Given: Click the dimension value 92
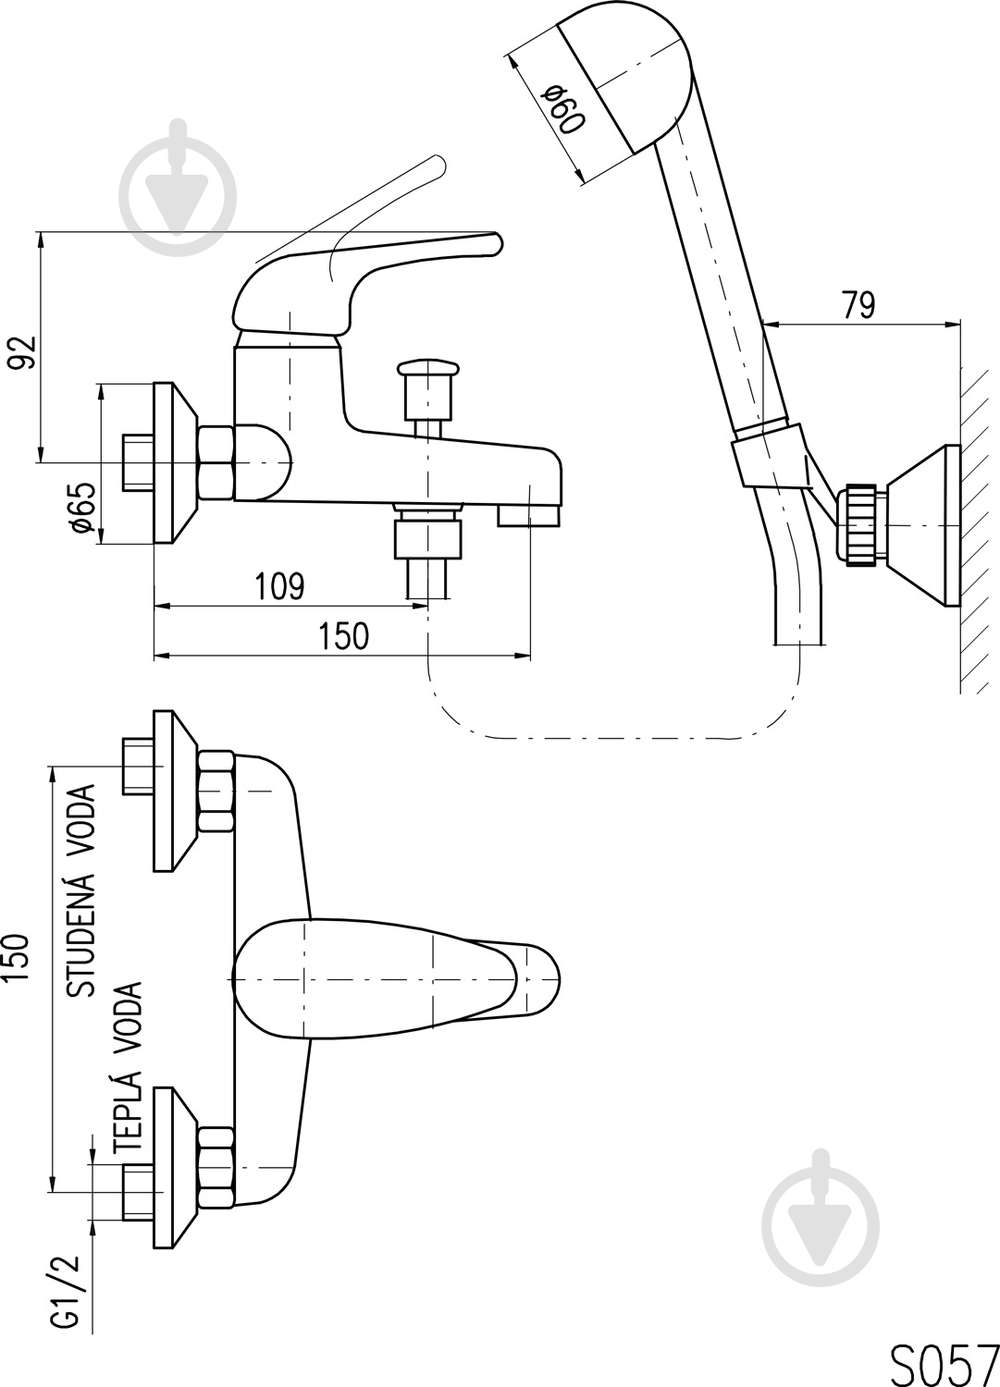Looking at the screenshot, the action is tap(23, 353).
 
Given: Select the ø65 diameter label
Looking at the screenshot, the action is tap(83, 508).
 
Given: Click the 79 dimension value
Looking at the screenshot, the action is tap(858, 305).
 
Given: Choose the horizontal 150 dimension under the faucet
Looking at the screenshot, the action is tap(343, 635).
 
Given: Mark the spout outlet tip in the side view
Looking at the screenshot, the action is tap(530, 516).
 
